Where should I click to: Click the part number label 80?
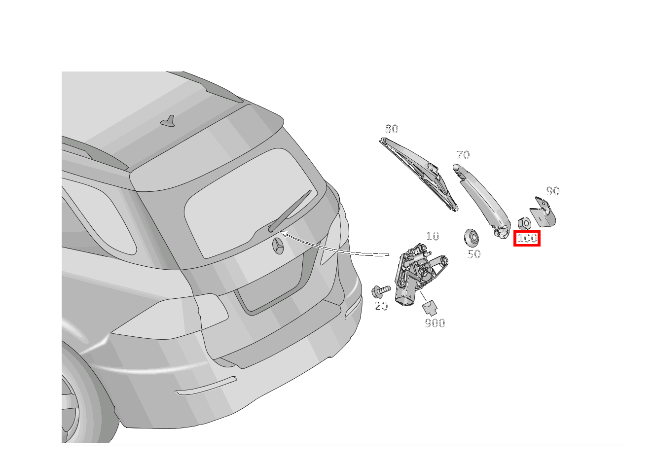tap(391, 129)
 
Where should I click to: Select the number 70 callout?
tap(463, 155)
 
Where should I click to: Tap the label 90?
tap(552, 191)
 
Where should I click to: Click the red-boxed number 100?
tap(527, 239)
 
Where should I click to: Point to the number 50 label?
tap(473, 254)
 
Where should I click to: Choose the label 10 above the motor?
tap(432, 237)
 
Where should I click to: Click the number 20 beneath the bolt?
tap(381, 307)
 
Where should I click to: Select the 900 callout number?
tap(435, 323)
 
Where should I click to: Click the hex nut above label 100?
tap(524, 223)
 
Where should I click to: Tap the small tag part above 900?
tap(430, 307)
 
